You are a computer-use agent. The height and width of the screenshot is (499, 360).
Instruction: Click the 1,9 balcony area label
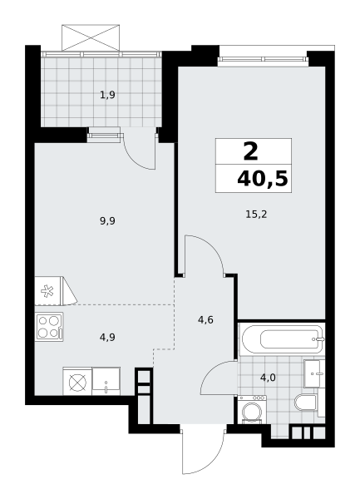107,95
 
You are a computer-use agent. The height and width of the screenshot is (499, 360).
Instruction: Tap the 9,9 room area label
107,220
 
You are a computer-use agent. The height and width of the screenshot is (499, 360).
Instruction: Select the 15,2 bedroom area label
256,215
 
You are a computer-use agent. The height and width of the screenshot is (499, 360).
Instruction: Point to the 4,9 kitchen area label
107,337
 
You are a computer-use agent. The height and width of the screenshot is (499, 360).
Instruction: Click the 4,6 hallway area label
205,319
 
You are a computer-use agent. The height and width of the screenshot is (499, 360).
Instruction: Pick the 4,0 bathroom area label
268,378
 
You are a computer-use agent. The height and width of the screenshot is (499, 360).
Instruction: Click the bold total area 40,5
263,179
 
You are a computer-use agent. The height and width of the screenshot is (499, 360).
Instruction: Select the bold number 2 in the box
251,151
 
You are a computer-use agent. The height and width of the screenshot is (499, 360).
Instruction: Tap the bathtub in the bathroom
283,339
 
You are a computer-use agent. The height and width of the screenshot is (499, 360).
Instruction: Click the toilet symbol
306,403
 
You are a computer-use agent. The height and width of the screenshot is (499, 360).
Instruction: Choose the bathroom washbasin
314,373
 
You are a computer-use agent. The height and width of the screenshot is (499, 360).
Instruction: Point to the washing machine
252,409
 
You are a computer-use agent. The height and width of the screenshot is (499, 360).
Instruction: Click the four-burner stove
49,327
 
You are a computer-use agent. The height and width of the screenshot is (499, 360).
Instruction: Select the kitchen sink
106,381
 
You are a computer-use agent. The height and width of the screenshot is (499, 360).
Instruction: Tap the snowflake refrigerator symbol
47,291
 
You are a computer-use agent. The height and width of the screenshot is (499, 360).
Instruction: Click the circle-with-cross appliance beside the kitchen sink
77,381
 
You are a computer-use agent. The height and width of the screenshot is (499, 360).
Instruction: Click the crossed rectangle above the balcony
91,37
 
